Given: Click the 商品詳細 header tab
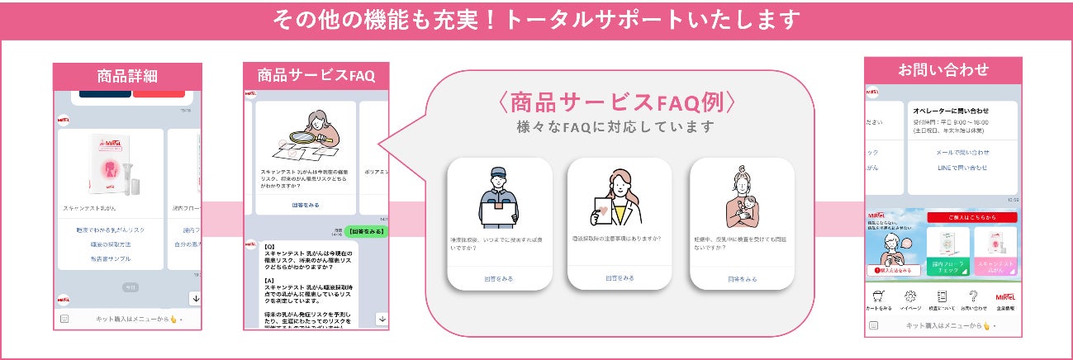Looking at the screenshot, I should pyautogui.click(x=127, y=77).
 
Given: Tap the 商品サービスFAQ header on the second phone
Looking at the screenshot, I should pyautogui.click(x=316, y=75).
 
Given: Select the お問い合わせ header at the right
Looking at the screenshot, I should pyautogui.click(x=942, y=70).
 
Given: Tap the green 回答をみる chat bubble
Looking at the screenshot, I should pyautogui.click(x=365, y=231).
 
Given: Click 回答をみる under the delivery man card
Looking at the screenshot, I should pyautogui.click(x=500, y=279).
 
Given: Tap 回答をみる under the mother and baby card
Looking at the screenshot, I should pyautogui.click(x=742, y=279).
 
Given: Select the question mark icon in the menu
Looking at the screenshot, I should pyautogui.click(x=973, y=296).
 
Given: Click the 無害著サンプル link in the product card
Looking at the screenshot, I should pyautogui.click(x=111, y=259).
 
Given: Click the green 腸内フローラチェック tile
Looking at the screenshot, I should pyautogui.click(x=947, y=252).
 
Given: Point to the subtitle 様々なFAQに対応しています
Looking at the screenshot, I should pyautogui.click(x=615, y=127).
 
